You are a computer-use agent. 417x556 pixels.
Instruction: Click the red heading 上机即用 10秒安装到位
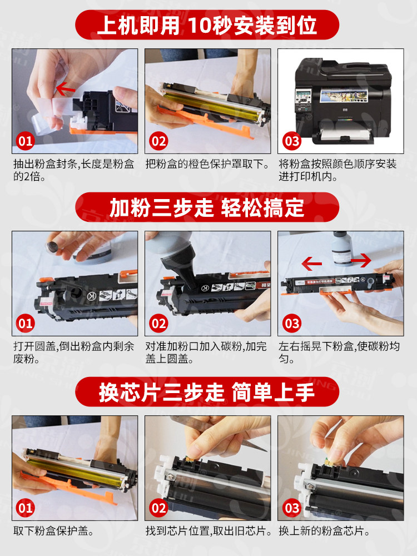click(x=207, y=25)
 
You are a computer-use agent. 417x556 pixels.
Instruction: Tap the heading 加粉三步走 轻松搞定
click(x=207, y=207)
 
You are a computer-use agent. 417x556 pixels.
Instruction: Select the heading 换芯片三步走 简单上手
click(x=207, y=392)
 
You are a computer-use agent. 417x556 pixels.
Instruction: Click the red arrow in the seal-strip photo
click(x=66, y=89)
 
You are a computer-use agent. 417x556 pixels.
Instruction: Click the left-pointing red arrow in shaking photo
click(x=312, y=264)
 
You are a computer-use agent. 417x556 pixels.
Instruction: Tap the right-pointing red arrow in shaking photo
click(x=361, y=261)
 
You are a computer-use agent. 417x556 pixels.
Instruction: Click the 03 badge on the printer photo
click(x=292, y=141)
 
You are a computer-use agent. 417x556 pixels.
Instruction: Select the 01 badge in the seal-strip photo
click(x=25, y=141)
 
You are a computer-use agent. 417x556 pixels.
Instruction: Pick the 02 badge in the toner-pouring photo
click(x=158, y=324)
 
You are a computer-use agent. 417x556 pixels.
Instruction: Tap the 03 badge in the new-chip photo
click(x=292, y=508)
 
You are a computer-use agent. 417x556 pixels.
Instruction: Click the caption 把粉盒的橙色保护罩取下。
click(x=208, y=164)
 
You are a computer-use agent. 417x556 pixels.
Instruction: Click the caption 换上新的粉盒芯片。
click(x=325, y=531)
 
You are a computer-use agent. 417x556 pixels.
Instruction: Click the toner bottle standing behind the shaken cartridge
click(x=342, y=249)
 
